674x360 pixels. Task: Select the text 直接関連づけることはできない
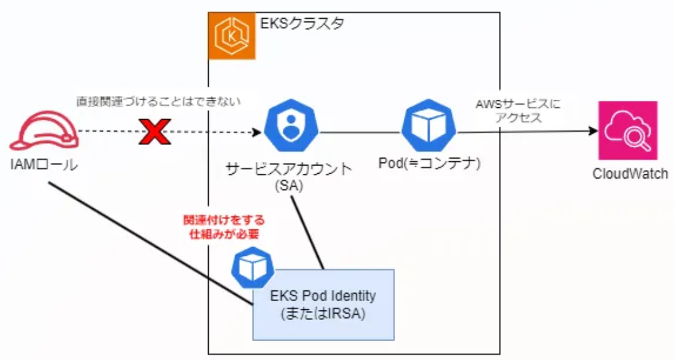click(x=159, y=101)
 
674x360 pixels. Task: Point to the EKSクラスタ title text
click(x=302, y=26)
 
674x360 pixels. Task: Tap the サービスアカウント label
click(x=289, y=170)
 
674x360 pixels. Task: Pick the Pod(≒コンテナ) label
click(x=429, y=164)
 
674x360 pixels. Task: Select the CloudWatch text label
click(x=629, y=174)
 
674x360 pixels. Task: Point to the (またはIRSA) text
click(x=323, y=313)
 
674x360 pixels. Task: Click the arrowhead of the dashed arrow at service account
click(x=256, y=132)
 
